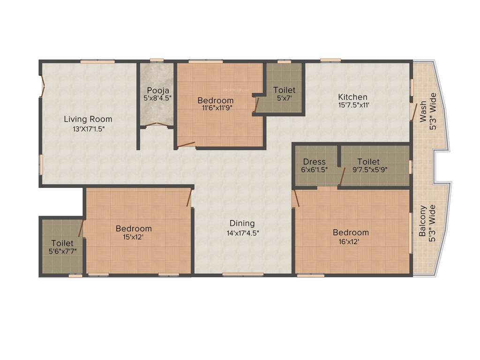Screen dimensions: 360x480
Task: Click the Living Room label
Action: point(88,119)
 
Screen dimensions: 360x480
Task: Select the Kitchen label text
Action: point(353,97)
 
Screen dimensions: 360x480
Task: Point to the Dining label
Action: point(242,223)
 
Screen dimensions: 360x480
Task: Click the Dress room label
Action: point(314,162)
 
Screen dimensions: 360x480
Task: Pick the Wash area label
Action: point(423,112)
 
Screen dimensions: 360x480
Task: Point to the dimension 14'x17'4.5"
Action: point(242,232)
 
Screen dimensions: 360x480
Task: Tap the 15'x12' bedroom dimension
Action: point(134,237)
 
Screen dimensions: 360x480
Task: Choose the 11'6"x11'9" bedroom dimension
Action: point(215,108)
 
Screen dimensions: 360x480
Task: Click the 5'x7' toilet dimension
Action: point(284,98)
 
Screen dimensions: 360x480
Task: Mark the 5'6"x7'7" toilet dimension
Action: point(62,252)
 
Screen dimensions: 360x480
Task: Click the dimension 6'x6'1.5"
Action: point(314,170)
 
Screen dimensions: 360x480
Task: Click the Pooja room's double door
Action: point(157,124)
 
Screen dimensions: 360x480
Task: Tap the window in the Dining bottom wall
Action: point(236,275)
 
